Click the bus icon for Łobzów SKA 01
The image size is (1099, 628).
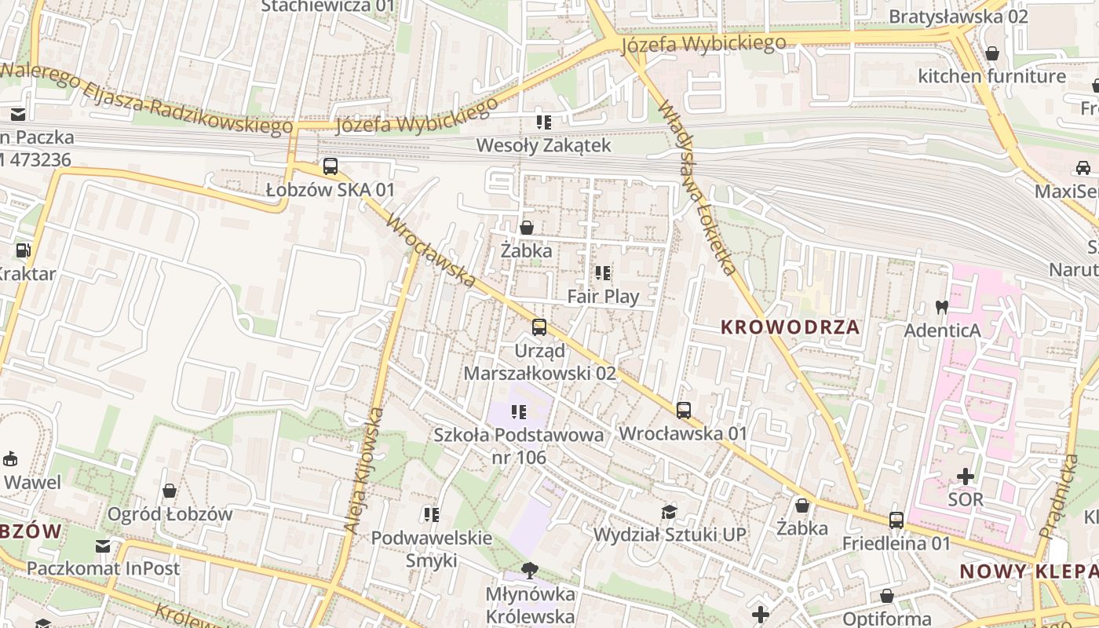[x=330, y=166]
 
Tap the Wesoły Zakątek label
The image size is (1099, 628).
[x=544, y=145]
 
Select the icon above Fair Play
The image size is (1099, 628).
[x=603, y=273]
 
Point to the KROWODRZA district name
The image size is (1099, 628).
[x=790, y=327]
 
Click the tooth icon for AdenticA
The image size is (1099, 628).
[x=942, y=307]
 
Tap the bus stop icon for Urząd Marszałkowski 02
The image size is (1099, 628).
[x=539, y=327]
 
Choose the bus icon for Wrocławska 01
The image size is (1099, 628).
[x=684, y=411]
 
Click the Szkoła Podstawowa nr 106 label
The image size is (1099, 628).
[x=519, y=445]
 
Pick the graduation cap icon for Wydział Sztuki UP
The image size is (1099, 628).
[x=669, y=513]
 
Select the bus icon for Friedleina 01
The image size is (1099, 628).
[x=896, y=520]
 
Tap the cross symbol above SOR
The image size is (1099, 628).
[x=966, y=476]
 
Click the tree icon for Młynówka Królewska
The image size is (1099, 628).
[x=531, y=571]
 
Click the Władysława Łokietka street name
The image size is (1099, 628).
[x=698, y=188]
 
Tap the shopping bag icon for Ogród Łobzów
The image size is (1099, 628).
[x=170, y=491]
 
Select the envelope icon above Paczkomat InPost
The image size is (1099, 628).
[x=103, y=546]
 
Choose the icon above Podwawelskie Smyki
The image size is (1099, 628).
[x=431, y=515]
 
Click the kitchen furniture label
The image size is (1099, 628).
[x=991, y=76]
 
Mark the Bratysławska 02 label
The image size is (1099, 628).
[x=958, y=16]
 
